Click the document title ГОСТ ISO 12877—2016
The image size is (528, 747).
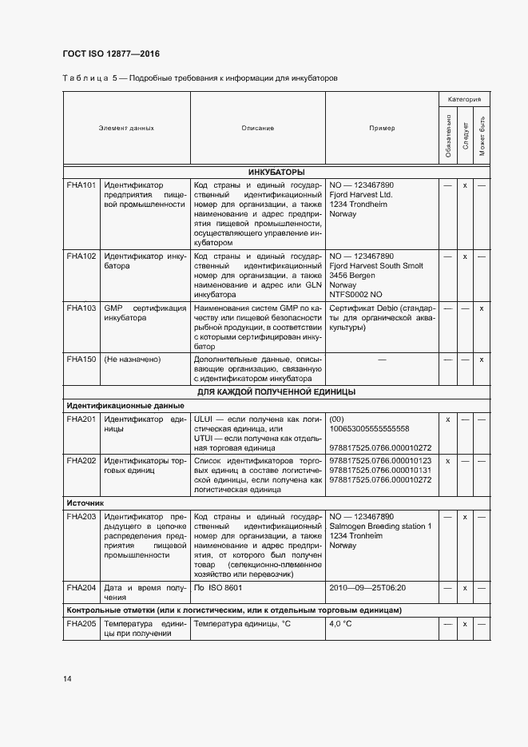(x=111, y=54)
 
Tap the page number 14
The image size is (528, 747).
(x=66, y=679)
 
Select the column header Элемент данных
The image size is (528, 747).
(x=126, y=128)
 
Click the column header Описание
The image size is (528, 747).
(x=257, y=128)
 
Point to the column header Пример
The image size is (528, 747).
(x=381, y=128)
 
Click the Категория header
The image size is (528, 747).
(x=463, y=99)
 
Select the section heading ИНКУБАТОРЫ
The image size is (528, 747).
(x=276, y=172)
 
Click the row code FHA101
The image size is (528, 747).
(x=81, y=185)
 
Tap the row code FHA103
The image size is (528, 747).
(x=81, y=308)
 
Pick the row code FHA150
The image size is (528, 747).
(x=81, y=360)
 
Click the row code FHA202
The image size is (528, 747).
(x=81, y=461)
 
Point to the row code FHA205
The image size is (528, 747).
(x=81, y=623)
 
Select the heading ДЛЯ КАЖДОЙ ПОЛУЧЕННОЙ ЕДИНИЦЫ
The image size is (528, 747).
(x=276, y=392)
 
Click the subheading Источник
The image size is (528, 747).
(x=85, y=504)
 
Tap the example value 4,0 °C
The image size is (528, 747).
(x=341, y=623)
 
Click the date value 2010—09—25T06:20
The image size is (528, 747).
(x=367, y=588)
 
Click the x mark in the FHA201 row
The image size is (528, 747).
(x=447, y=419)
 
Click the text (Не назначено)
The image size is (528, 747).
(x=133, y=360)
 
